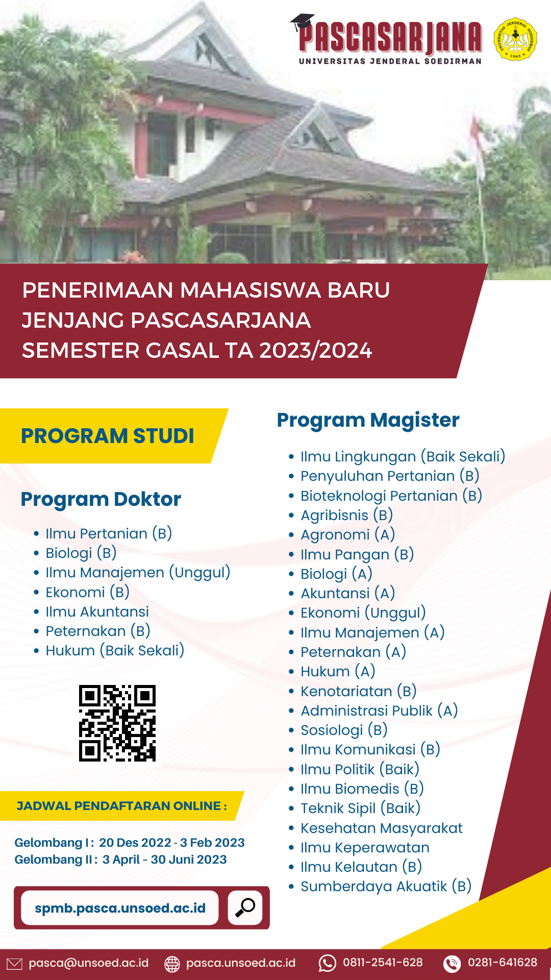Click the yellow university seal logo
tap(515, 39)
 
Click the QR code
tap(117, 723)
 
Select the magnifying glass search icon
tap(245, 908)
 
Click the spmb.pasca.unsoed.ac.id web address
tap(120, 908)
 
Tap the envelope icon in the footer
tap(14, 964)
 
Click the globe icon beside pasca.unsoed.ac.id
tap(172, 964)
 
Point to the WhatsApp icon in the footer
tap(327, 963)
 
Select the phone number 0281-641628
tap(502, 963)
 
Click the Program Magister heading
tap(368, 420)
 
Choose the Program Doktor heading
tap(101, 499)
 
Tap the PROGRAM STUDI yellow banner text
tap(108, 436)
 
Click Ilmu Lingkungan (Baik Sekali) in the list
tap(403, 456)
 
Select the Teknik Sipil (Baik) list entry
tap(360, 808)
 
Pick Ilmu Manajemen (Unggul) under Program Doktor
tap(138, 572)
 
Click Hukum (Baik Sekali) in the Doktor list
tap(115, 650)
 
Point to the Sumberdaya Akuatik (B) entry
tap(386, 886)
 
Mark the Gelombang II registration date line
tap(120, 860)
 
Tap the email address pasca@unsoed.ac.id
tap(88, 963)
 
